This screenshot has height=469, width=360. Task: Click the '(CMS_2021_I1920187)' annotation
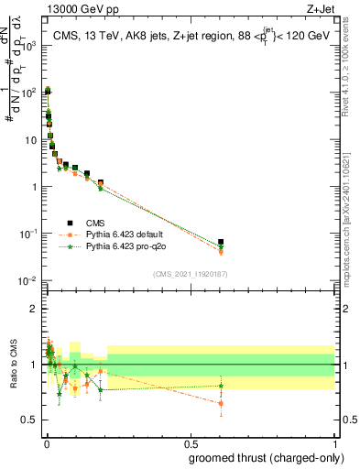(190, 274)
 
